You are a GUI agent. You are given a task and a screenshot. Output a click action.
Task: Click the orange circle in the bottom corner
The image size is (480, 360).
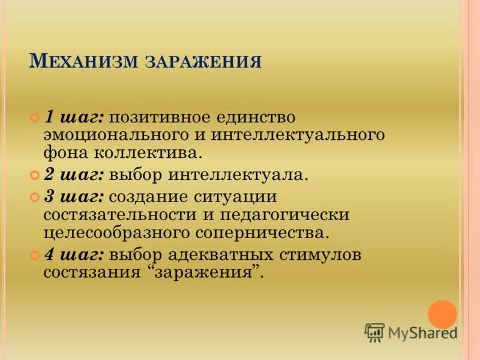(x=443, y=314)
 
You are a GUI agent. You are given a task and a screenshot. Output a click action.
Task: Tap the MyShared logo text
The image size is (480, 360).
(x=422, y=332)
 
